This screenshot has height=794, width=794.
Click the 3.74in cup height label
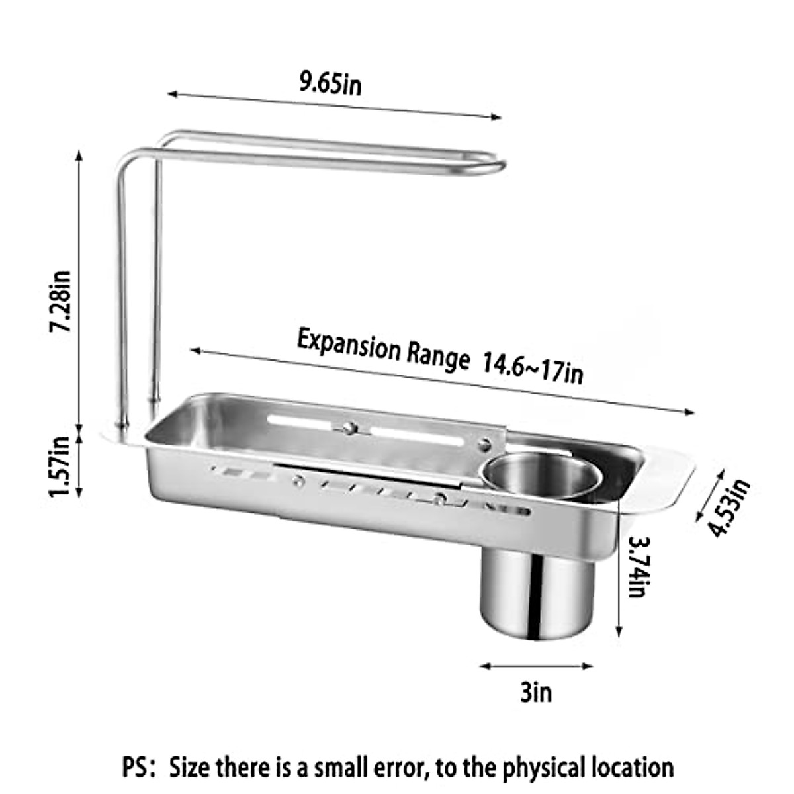[x=637, y=566]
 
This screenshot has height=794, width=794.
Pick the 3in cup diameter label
[x=535, y=693]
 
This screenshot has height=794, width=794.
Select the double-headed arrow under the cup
[x=535, y=666]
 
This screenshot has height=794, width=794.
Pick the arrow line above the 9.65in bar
[x=334, y=107]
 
